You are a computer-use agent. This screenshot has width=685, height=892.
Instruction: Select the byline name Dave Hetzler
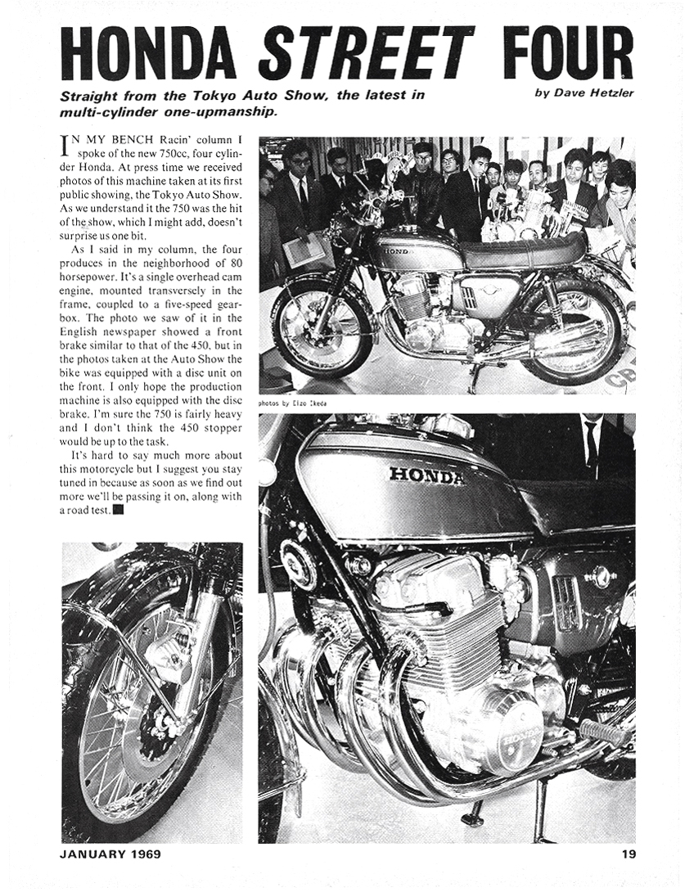click(595, 92)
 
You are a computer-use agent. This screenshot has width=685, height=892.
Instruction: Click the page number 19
click(629, 854)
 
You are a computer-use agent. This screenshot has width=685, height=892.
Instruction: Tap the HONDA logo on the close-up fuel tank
click(426, 475)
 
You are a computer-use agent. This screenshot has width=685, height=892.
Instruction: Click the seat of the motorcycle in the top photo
click(524, 250)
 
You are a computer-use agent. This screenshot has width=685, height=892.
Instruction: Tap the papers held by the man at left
click(303, 250)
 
